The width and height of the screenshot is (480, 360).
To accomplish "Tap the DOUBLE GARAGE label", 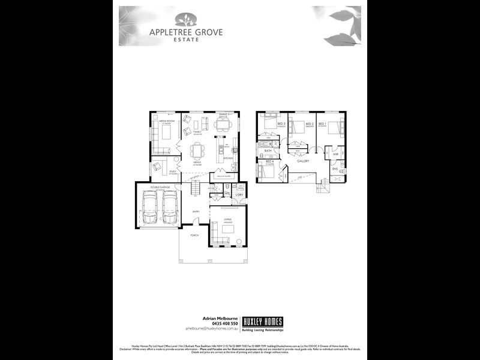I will (x=158, y=188).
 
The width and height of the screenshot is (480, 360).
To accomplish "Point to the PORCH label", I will (x=194, y=235).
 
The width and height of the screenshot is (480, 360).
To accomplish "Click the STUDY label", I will (x=172, y=172).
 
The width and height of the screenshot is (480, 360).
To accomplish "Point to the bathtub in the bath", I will (x=264, y=145).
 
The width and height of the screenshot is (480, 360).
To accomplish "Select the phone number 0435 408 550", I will (x=223, y=323).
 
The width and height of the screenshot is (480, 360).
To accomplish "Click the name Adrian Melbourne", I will (x=219, y=318).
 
